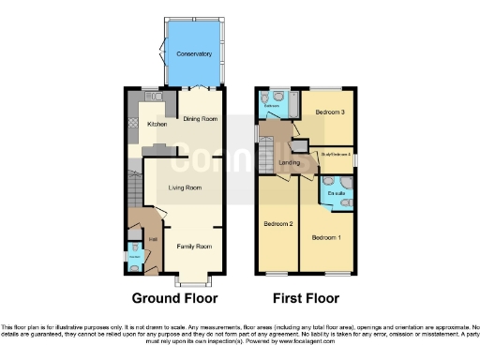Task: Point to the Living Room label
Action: point(185,187)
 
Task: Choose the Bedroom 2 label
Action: point(278,225)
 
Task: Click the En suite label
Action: point(337,194)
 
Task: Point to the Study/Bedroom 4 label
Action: point(336,153)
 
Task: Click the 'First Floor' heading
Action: point(306,299)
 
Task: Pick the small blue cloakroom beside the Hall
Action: point(135,254)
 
